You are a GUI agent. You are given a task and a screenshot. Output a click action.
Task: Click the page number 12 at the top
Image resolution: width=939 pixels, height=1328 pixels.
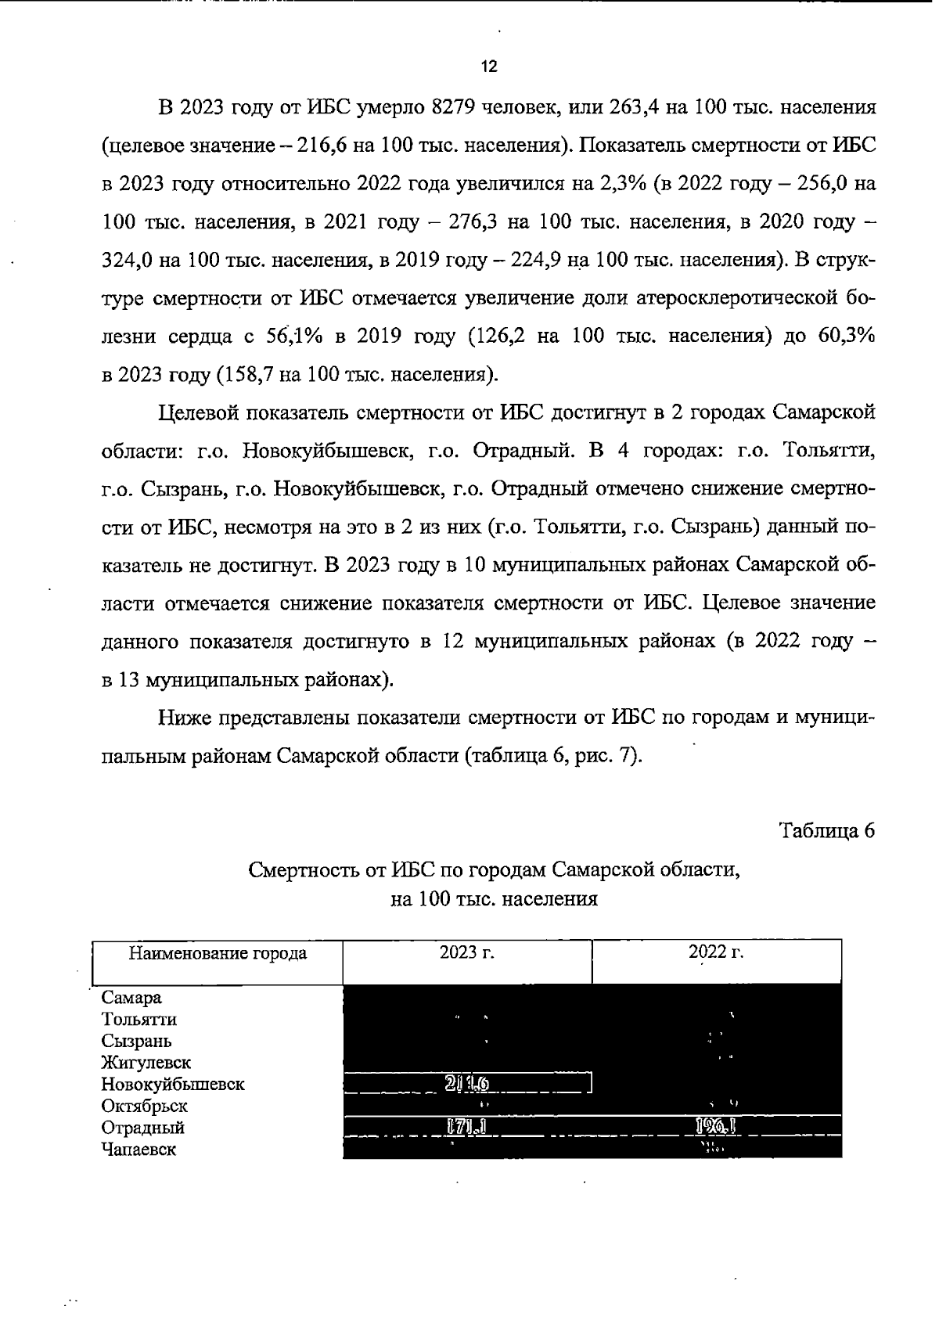pos(489,67)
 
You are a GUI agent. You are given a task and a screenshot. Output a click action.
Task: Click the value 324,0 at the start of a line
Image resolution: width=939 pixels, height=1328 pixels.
pos(128,261)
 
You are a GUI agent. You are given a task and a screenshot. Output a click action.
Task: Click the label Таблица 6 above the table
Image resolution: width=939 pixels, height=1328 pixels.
pos(826,830)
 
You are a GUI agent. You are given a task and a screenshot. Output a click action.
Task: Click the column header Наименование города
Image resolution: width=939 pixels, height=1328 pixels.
pos(218,953)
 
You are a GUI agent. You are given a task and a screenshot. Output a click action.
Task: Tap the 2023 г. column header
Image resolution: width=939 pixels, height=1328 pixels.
pos(467,952)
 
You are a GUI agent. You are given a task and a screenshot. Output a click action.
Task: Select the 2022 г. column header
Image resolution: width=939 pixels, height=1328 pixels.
pos(716,952)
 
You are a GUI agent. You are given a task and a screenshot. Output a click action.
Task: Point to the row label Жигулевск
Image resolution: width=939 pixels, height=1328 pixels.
pos(146,1063)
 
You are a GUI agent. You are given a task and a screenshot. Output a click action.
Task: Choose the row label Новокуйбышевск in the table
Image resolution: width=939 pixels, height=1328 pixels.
pos(173,1085)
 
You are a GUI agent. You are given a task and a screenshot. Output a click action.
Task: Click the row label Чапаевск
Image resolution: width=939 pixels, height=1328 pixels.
pos(139,1150)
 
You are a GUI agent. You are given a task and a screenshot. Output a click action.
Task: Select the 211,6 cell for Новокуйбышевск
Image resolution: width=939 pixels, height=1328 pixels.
pos(467,1084)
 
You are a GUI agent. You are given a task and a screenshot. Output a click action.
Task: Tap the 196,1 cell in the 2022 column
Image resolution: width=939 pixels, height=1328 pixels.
pos(716,1128)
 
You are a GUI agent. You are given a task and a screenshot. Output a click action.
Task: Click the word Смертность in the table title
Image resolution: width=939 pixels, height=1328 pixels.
pos(301,869)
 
